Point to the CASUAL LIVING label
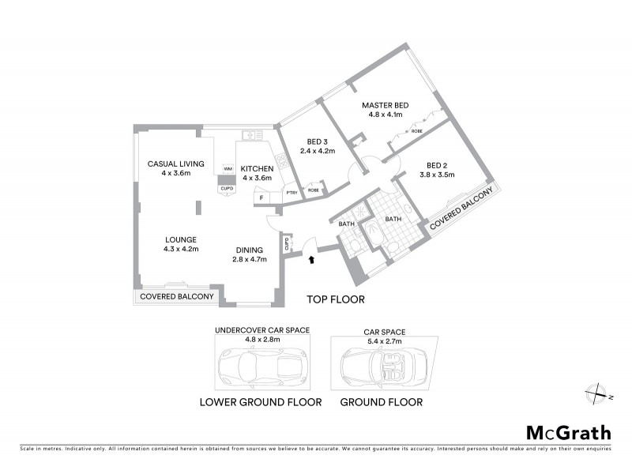tap(176, 164)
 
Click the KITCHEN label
tap(257, 168)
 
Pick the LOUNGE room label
tap(181, 239)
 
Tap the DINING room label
tap(250, 250)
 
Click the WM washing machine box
tap(227, 169)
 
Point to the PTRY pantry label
tap(292, 192)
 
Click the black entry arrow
tap(310, 258)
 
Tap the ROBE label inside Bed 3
tap(313, 190)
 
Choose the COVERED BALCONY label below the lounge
tap(177, 296)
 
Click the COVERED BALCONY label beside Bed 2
tap(461, 209)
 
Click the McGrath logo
tap(568, 432)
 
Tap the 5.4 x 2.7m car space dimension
tap(382, 341)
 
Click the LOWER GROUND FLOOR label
tap(261, 402)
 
